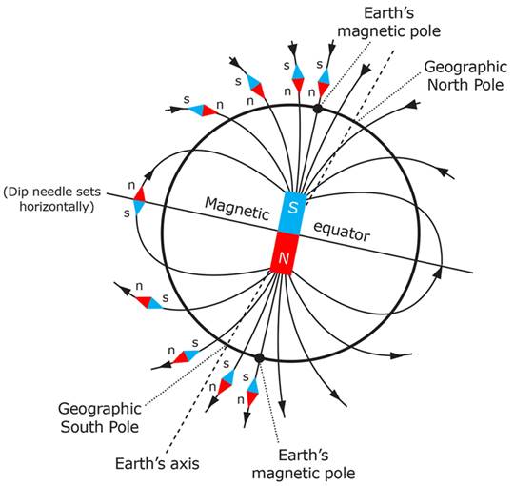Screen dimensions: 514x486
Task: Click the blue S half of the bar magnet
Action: point(293,212)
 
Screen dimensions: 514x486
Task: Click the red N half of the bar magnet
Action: point(284,253)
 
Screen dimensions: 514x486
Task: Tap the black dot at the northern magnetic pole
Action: point(317,109)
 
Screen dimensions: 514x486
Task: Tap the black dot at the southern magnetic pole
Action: point(259,358)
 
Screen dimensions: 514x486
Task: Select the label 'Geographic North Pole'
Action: point(465,76)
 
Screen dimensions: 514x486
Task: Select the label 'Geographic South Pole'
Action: point(100,417)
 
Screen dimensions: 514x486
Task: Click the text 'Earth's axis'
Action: point(157,464)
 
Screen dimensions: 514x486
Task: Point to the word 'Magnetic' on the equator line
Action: point(237,209)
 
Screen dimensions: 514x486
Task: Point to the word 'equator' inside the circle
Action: point(342,232)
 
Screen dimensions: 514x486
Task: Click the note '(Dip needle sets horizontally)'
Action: point(52,199)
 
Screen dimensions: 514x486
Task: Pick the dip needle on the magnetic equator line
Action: point(139,200)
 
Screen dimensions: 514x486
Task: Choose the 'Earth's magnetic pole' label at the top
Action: point(389,22)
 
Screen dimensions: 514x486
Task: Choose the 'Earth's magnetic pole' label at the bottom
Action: point(304,464)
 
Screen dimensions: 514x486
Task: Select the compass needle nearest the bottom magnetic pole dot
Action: point(252,393)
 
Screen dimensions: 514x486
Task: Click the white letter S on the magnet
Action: point(293,208)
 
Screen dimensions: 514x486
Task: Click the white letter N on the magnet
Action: point(284,258)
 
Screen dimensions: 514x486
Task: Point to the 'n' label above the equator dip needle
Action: point(131,186)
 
